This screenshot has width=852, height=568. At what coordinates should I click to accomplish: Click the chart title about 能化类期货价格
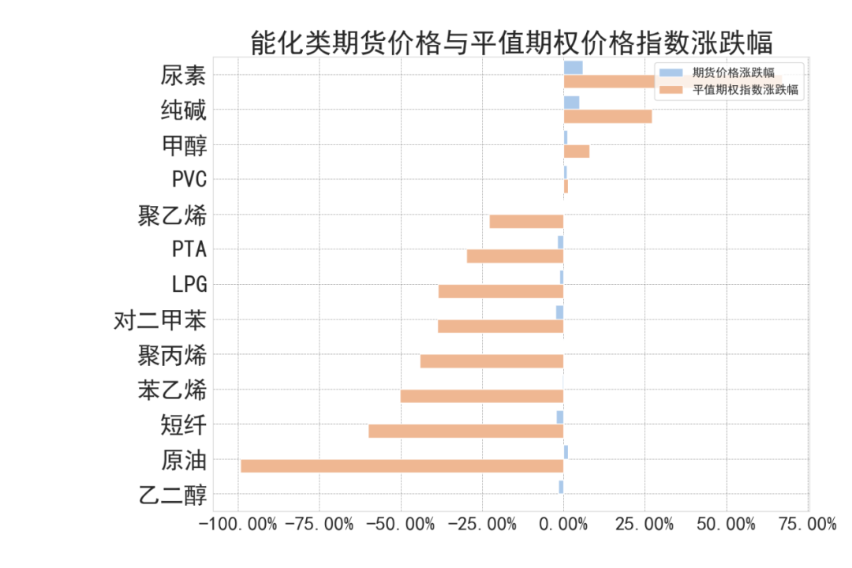pyautogui.click(x=511, y=42)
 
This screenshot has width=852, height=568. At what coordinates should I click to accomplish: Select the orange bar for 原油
pyautogui.click(x=402, y=465)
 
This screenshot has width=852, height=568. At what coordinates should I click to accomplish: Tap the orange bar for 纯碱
pyautogui.click(x=607, y=117)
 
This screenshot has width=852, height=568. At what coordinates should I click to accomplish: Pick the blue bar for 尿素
pyautogui.click(x=573, y=68)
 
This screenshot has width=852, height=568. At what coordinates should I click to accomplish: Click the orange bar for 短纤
pyautogui.click(x=465, y=431)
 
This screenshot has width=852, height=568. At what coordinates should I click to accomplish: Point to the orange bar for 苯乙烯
pyautogui.click(x=481, y=396)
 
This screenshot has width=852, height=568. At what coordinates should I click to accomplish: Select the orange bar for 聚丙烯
pyautogui.click(x=491, y=361)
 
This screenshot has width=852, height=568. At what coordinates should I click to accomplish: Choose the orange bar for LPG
pyautogui.click(x=500, y=291)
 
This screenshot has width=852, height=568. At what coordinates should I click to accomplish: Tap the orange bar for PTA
pyautogui.click(x=514, y=256)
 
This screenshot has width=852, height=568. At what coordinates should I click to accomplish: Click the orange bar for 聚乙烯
pyautogui.click(x=526, y=222)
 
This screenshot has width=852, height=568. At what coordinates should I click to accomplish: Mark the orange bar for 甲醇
pyautogui.click(x=576, y=151)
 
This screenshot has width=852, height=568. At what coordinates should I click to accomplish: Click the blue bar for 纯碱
pyautogui.click(x=571, y=103)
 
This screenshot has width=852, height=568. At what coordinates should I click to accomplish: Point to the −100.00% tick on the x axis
pyautogui.click(x=237, y=525)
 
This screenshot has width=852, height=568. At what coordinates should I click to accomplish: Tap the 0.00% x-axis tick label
pyautogui.click(x=563, y=525)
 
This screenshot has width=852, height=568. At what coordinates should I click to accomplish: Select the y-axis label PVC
pyautogui.click(x=189, y=180)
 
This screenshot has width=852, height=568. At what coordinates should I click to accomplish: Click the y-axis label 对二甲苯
pyautogui.click(x=161, y=320)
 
